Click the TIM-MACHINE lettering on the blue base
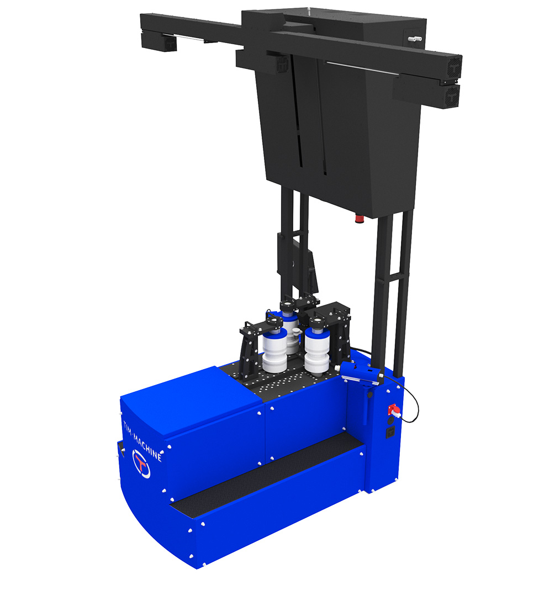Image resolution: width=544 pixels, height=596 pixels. [143, 441]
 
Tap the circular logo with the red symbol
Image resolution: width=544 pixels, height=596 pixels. [141, 464]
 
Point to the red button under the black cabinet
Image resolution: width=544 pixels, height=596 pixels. [360, 219]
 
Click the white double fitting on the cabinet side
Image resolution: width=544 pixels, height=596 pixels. [415, 39]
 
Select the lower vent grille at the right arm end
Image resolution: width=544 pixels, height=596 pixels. [453, 96]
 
